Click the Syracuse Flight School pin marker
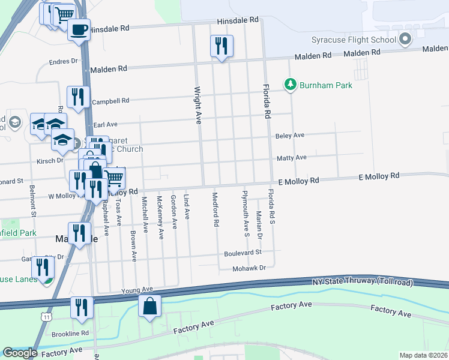405,40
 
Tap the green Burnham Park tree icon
291,85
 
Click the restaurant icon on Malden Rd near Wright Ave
221,46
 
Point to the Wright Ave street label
197,105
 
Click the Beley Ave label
290,136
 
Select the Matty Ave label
291,158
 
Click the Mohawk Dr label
249,268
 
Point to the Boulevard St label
243,253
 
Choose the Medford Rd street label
215,209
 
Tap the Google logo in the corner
20,353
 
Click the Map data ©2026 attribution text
423,356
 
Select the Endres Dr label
64,61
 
